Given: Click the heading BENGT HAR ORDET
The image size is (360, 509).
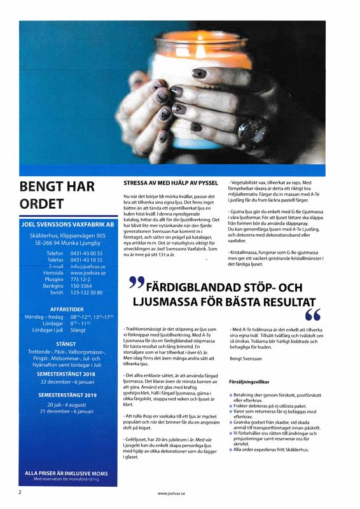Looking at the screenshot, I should pos(57,195).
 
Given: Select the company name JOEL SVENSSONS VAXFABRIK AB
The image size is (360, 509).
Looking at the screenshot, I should pos(67,225).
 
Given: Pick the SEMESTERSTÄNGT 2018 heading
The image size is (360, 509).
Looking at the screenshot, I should pos(67,375).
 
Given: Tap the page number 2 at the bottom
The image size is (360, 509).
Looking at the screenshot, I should pos(20,492).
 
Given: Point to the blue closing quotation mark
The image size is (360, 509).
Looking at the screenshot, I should pos(313,314).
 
